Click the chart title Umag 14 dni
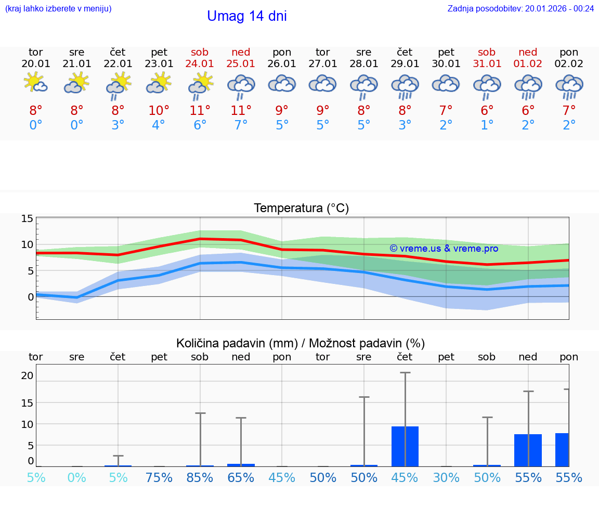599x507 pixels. click(247, 16)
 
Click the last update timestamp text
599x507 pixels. click(520, 8)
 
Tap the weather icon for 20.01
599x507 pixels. click(36, 83)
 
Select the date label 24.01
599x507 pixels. click(200, 64)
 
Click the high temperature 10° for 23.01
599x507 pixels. click(159, 110)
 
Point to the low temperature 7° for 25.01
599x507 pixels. click(241, 125)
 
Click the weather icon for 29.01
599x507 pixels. click(405, 86)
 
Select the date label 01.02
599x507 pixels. click(528, 64)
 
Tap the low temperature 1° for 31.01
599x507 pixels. click(487, 125)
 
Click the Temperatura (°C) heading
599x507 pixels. click(301, 209)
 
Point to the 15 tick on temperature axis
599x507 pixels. click(27, 218)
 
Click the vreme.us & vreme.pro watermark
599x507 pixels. click(444, 249)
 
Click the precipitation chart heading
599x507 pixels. click(301, 343)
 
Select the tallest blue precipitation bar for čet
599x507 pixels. click(405, 446)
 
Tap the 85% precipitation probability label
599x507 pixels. click(200, 477)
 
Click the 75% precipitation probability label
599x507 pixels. click(159, 477)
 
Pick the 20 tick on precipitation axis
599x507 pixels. click(27, 375)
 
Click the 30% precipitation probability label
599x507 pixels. click(446, 477)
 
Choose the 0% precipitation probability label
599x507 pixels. click(77, 477)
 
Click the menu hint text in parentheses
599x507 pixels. click(58, 8)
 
